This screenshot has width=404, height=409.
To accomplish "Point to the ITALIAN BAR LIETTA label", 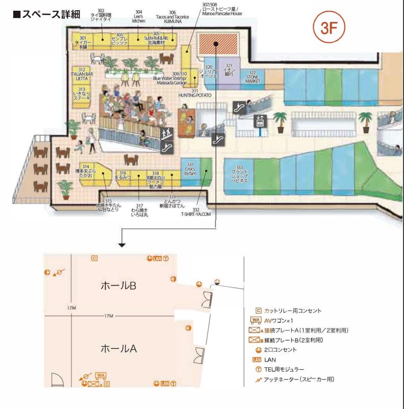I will tap(82, 74).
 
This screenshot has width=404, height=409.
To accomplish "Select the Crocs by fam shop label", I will tap(190, 171).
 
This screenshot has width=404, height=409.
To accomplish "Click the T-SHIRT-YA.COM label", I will tap(195, 215).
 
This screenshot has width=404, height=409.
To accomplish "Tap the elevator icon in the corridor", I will tap(260, 121).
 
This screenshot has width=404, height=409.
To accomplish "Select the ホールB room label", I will tap(118, 286).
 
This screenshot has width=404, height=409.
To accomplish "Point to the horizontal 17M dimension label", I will tap(108, 316).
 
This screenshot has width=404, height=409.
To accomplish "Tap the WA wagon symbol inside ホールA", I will tap(101, 376).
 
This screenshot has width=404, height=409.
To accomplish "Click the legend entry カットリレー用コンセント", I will tap(292, 311).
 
